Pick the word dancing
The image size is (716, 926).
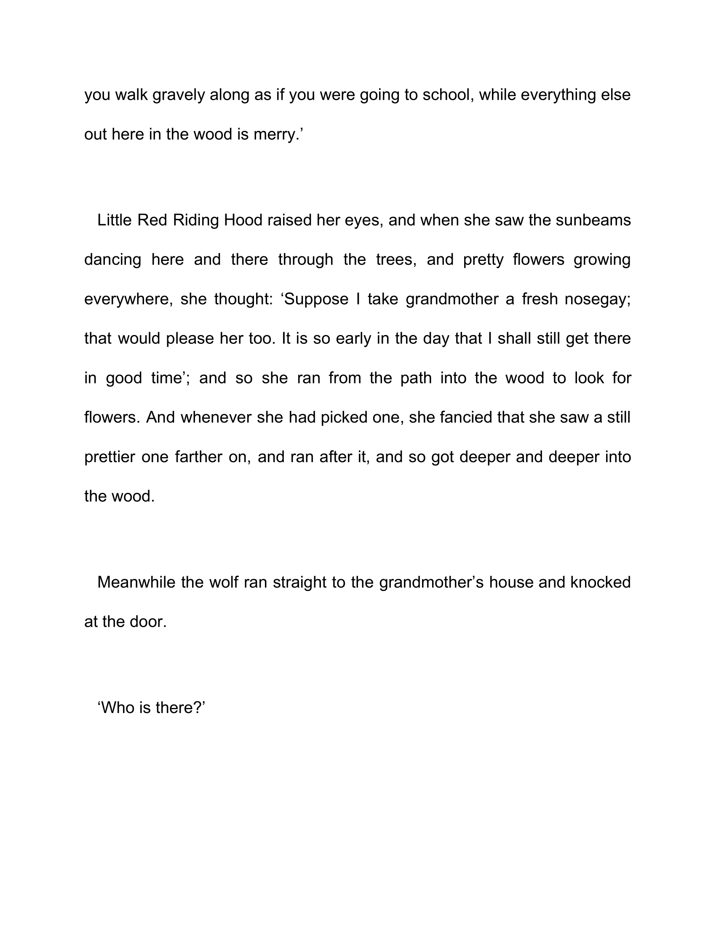pos(112,259)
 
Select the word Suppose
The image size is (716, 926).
pos(315,299)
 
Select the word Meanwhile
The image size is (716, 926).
pos(136,582)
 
